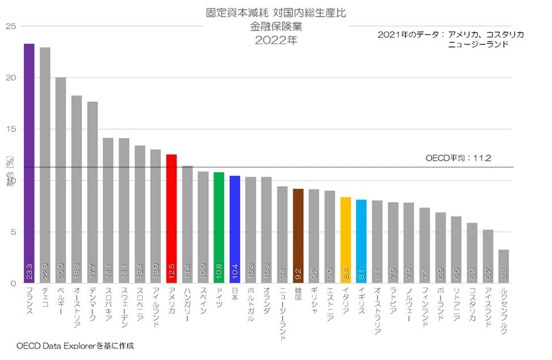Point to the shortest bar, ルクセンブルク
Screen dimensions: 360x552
point(504,266)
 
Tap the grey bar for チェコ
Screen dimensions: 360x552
point(45,164)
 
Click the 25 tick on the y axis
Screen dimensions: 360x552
point(10,27)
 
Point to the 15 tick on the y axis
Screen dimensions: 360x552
point(10,129)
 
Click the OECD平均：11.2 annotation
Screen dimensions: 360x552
point(458,158)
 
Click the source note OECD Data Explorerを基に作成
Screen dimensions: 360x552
point(75,345)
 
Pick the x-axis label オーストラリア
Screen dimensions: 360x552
point(377,311)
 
